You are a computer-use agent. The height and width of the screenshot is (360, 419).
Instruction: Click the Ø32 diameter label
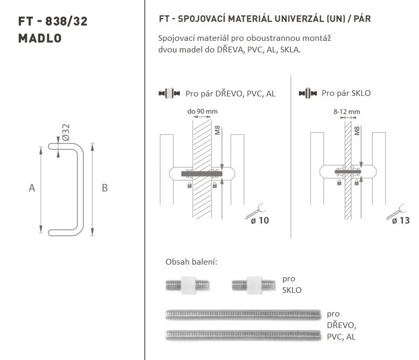point(65,132)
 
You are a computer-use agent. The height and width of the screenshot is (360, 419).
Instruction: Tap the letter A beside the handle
point(32,188)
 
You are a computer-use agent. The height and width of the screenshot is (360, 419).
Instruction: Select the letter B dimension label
point(105,188)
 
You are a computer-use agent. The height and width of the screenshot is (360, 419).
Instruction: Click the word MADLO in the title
point(40,38)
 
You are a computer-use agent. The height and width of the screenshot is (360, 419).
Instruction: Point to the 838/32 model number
point(67,21)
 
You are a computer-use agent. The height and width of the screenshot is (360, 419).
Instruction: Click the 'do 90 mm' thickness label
point(202,112)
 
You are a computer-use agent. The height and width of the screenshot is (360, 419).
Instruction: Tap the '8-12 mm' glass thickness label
point(347,112)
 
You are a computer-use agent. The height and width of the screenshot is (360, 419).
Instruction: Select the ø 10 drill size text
point(260,221)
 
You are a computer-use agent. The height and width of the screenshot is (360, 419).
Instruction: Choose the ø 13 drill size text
point(401,221)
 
